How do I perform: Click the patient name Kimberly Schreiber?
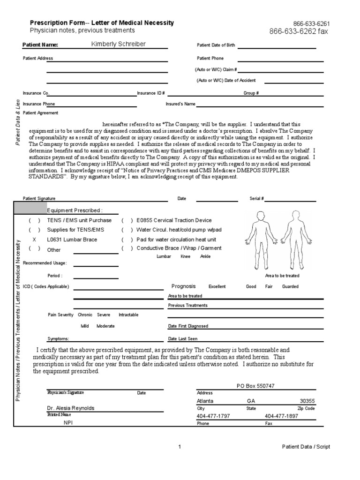click(119, 45)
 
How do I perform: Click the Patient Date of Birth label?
click(216, 45)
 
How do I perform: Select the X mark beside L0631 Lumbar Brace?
click(34, 239)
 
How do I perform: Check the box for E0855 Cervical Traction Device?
click(127, 220)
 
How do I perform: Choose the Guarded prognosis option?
click(290, 286)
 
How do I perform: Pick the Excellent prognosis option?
click(217, 286)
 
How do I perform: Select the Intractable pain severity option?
click(128, 315)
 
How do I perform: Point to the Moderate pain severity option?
click(105, 326)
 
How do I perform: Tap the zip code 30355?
click(307, 401)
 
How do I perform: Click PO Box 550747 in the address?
click(255, 385)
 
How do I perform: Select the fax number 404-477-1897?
click(281, 416)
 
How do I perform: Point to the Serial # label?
click(257, 199)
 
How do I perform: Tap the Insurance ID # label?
click(150, 93)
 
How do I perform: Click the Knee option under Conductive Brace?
click(185, 256)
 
